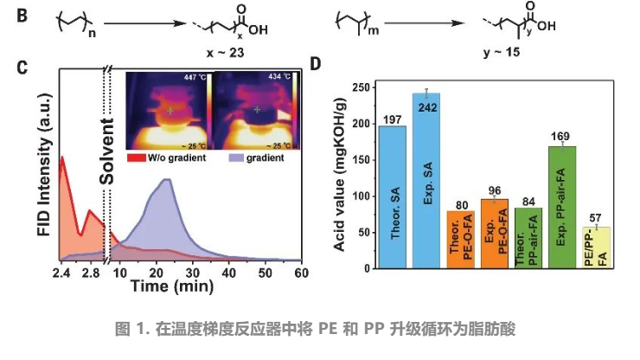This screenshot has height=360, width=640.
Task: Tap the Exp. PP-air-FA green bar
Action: [x=562, y=208]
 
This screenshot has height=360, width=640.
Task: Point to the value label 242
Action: [x=426, y=107]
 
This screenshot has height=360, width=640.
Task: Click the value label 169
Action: [x=562, y=136]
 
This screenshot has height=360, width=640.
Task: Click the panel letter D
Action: [x=317, y=64]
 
